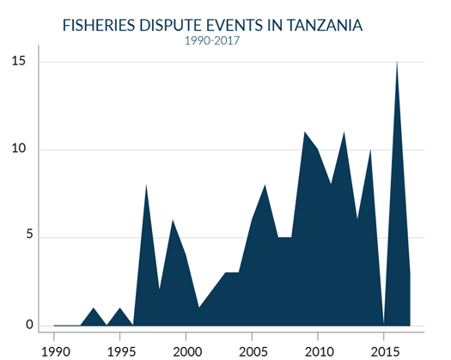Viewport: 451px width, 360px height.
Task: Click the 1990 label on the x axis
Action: pyautogui.click(x=55, y=351)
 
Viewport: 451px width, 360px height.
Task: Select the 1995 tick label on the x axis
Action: pyautogui.click(x=120, y=351)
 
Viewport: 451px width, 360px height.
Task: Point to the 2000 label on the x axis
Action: pyautogui.click(x=186, y=351)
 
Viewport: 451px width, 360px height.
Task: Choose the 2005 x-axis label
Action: pyautogui.click(x=253, y=351)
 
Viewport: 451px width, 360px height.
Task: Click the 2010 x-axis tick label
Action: pyautogui.click(x=318, y=351)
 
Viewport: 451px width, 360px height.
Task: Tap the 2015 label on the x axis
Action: pyautogui.click(x=384, y=351)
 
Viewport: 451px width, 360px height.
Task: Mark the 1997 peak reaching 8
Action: pyautogui.click(x=147, y=186)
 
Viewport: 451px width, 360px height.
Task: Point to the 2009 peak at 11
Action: pyautogui.click(x=305, y=133)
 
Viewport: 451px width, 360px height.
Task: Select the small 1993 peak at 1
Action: pyautogui.click(x=94, y=308)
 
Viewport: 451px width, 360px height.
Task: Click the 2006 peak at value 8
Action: pyautogui.click(x=265, y=186)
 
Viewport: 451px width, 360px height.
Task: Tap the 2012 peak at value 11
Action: pyautogui.click(x=344, y=133)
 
